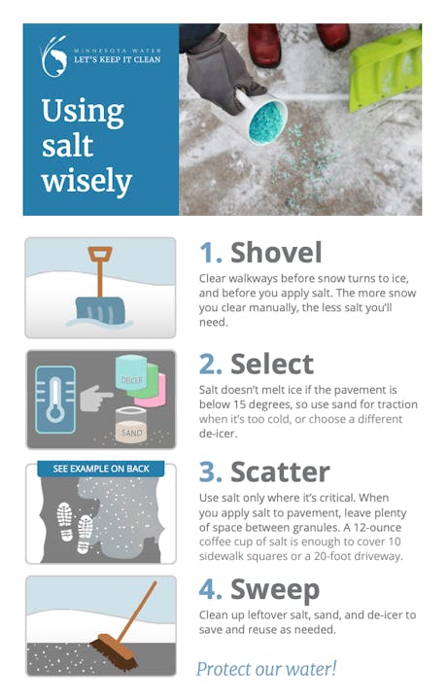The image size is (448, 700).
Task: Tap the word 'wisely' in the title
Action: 86,180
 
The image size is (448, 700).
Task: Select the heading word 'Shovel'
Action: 276,253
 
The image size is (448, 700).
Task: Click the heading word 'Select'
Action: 272,364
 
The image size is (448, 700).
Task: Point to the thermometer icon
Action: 53,399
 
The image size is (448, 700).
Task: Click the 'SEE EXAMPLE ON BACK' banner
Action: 100,469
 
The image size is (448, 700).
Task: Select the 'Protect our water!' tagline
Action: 265,668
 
